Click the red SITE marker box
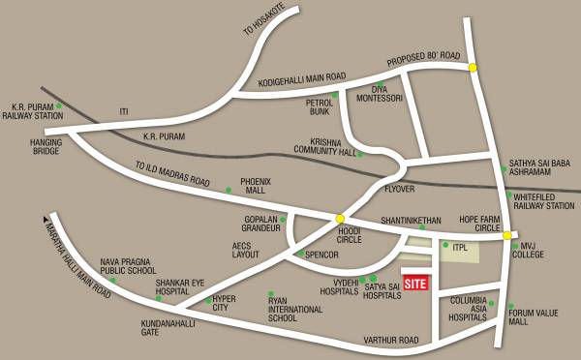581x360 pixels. [x=415, y=285]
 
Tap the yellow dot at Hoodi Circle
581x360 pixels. [x=340, y=219]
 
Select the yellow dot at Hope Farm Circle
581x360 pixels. [x=506, y=234]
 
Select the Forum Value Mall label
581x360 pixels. [x=534, y=316]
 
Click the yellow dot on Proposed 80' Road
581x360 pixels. [x=473, y=68]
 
